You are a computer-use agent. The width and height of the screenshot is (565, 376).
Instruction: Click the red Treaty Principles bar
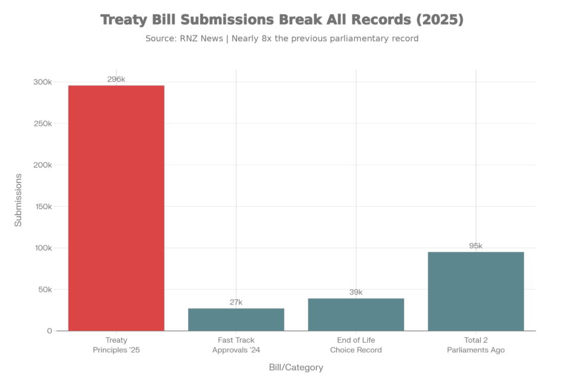click(x=116, y=208)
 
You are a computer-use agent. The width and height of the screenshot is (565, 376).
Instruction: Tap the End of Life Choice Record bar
click(x=356, y=314)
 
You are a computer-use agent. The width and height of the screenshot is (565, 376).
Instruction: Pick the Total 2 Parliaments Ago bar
click(x=476, y=291)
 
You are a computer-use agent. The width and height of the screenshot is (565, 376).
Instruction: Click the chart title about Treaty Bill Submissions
click(x=282, y=20)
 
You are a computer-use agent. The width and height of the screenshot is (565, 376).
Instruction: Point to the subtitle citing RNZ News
click(x=282, y=39)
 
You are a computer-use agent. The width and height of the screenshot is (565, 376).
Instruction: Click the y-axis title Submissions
click(x=18, y=200)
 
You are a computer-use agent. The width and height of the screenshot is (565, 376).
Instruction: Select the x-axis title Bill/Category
click(x=296, y=368)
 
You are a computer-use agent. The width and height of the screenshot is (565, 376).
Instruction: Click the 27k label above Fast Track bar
click(x=236, y=302)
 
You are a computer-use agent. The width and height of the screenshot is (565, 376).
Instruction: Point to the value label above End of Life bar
click(x=356, y=292)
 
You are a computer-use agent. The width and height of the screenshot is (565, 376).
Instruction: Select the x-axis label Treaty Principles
click(x=116, y=345)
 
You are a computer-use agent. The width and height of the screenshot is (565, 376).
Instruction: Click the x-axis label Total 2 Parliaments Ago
click(x=476, y=345)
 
